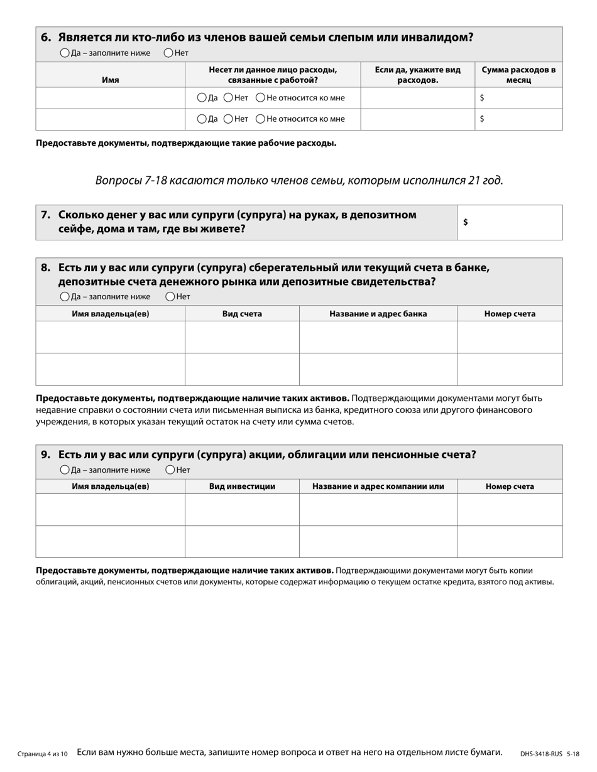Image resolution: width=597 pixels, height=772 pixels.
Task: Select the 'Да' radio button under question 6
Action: click(x=65, y=53)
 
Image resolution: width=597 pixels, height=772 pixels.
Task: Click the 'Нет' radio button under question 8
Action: click(x=170, y=297)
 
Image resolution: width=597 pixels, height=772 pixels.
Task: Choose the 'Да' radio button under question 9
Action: click(x=65, y=470)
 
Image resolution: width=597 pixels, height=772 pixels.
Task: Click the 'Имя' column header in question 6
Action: click(x=110, y=80)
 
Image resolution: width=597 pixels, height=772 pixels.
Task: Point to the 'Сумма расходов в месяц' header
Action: click(x=518, y=75)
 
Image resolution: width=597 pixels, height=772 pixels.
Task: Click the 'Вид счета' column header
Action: click(x=241, y=314)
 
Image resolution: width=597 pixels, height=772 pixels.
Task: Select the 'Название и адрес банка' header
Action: click(x=378, y=314)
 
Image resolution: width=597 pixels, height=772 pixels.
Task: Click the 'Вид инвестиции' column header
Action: click(x=241, y=486)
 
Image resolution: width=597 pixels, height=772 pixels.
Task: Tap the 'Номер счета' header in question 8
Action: click(x=509, y=314)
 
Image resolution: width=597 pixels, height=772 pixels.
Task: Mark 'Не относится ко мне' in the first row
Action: click(x=260, y=98)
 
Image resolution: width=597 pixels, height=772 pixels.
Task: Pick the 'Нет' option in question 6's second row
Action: click(x=229, y=119)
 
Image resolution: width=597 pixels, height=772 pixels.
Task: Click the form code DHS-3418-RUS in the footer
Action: click(x=541, y=754)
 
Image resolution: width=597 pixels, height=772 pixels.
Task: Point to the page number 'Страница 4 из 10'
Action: click(x=42, y=754)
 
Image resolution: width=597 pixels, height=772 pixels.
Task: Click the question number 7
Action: click(x=45, y=215)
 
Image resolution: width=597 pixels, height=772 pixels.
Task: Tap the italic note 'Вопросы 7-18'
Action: click(x=298, y=181)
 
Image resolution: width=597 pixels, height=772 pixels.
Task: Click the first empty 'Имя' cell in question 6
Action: click(x=110, y=98)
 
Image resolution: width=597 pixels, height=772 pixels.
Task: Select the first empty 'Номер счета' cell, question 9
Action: click(x=509, y=510)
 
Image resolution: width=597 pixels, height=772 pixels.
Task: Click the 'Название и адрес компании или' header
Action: click(x=378, y=486)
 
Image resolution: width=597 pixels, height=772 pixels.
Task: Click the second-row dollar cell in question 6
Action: click(x=518, y=119)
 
